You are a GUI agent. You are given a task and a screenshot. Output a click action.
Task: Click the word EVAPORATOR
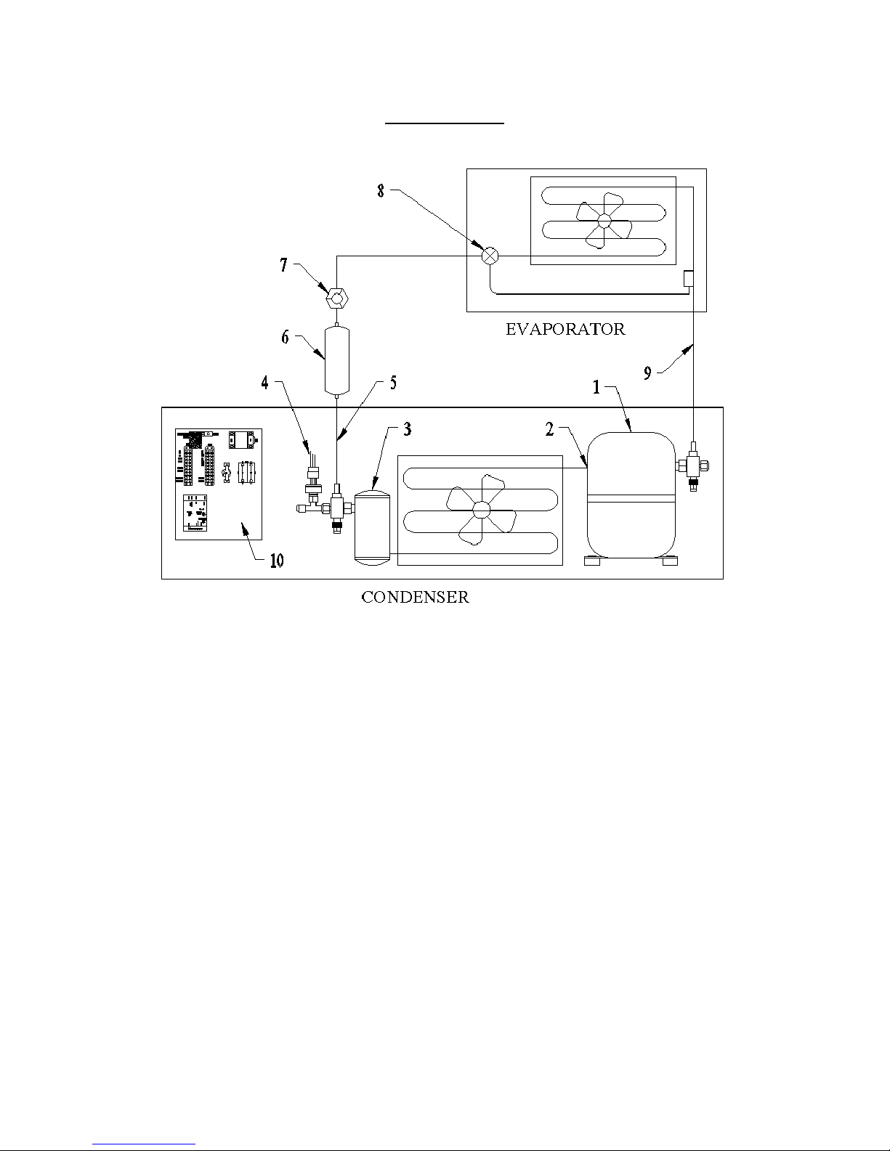click(x=565, y=329)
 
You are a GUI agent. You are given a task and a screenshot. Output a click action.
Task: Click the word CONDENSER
click(x=415, y=597)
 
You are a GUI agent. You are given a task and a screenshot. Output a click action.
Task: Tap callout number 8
click(x=381, y=191)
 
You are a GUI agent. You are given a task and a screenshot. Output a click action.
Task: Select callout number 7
click(x=284, y=264)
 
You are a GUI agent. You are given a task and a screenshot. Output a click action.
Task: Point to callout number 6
click(x=285, y=337)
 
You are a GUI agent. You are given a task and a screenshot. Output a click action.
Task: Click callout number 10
click(x=277, y=561)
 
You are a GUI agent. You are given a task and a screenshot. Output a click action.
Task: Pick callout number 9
click(x=647, y=373)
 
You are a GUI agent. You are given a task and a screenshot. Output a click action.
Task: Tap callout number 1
click(x=596, y=387)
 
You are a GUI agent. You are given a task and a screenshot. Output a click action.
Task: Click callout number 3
click(x=407, y=429)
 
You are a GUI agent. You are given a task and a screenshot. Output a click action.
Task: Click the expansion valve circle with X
click(x=490, y=256)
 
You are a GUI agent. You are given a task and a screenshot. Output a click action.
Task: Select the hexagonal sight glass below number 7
click(x=336, y=298)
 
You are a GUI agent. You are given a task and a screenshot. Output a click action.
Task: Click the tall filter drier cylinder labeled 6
click(x=336, y=361)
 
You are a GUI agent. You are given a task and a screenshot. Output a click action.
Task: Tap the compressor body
click(x=631, y=495)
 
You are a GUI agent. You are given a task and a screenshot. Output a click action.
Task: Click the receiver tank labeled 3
click(x=372, y=528)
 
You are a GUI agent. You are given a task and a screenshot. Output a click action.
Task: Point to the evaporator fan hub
click(x=604, y=221)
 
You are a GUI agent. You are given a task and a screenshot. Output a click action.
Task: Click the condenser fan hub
click(x=481, y=510)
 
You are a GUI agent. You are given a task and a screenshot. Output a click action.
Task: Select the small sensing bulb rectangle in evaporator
click(x=688, y=279)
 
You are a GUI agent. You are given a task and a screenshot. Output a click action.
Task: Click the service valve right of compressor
click(x=693, y=466)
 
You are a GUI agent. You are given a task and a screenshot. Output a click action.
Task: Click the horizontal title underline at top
click(x=444, y=123)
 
